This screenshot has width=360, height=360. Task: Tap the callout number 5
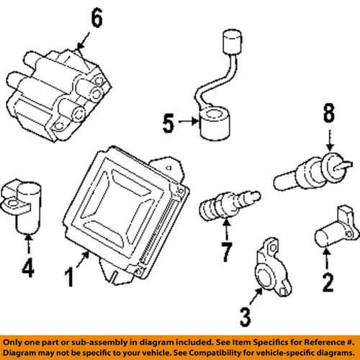coord(168,124)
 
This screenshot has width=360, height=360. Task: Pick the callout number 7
coord(225,253)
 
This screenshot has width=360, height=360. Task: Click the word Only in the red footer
coord(17,341)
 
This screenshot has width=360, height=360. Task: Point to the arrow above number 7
coord(225,232)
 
